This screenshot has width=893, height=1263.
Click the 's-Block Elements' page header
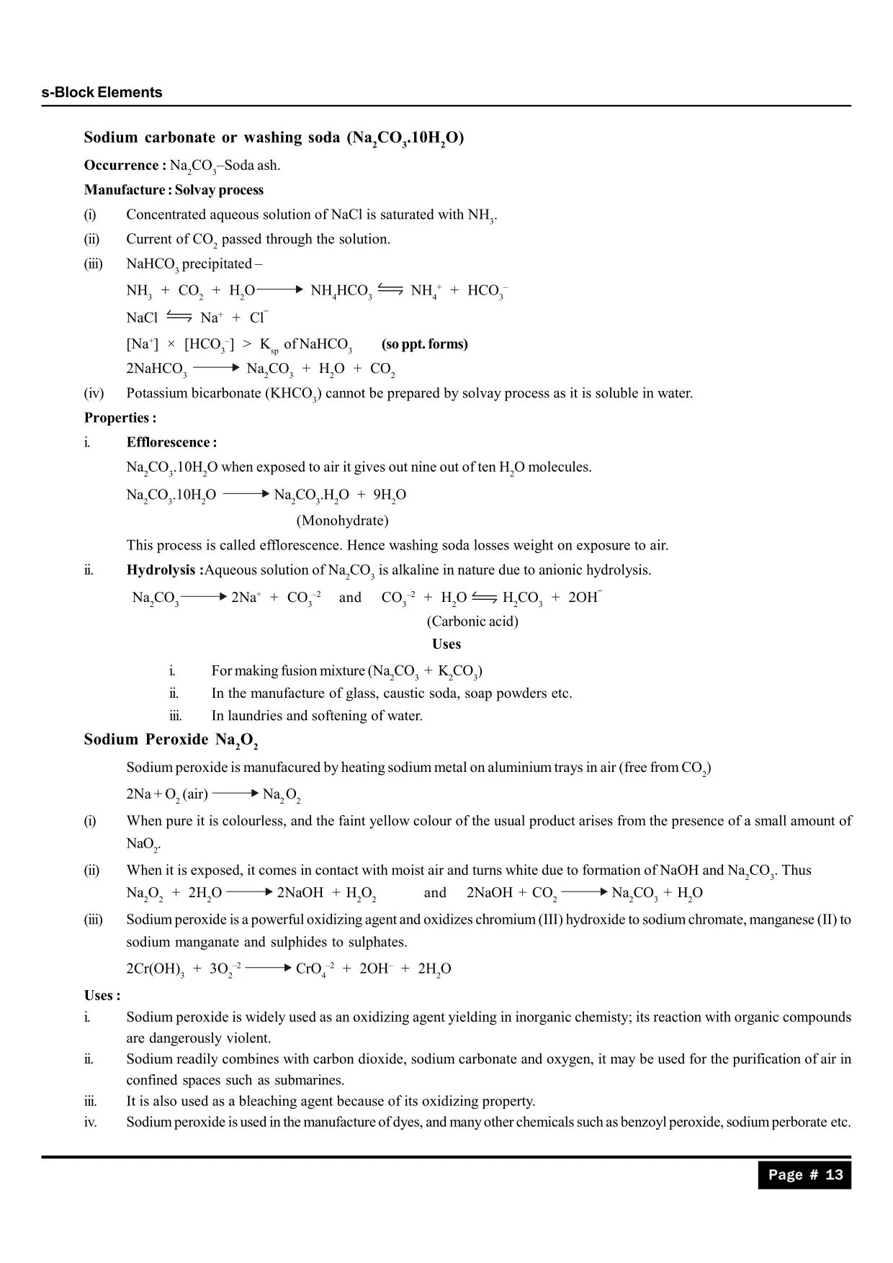click(102, 92)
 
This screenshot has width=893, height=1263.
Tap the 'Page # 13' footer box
click(804, 1174)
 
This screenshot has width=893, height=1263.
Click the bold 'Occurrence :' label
click(125, 166)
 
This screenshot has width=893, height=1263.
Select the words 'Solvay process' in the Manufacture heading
click(219, 190)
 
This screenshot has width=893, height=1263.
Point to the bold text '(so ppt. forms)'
click(425, 344)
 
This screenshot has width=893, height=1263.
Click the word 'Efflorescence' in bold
click(168, 442)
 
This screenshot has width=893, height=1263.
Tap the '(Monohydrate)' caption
click(342, 520)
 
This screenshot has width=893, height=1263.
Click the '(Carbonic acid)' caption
click(472, 621)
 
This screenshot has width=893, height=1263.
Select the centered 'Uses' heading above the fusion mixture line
click(447, 644)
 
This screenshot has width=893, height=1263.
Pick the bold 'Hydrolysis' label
click(161, 570)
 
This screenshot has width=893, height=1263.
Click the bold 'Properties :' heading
click(120, 418)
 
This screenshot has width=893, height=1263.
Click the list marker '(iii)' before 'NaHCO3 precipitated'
click(93, 264)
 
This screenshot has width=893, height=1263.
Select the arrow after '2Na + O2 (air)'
click(235, 794)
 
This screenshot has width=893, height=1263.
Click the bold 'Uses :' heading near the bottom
click(102, 995)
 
